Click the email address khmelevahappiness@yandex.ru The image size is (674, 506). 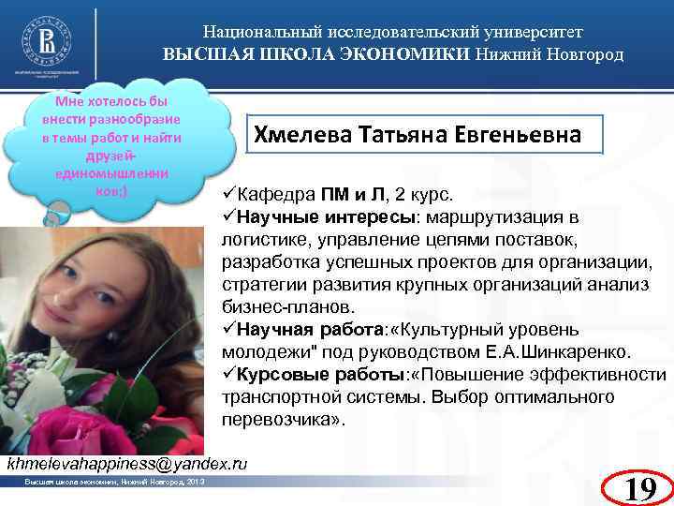pyautogui.click(x=127, y=463)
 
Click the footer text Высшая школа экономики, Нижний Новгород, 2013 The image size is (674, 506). pyautogui.click(x=108, y=482)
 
